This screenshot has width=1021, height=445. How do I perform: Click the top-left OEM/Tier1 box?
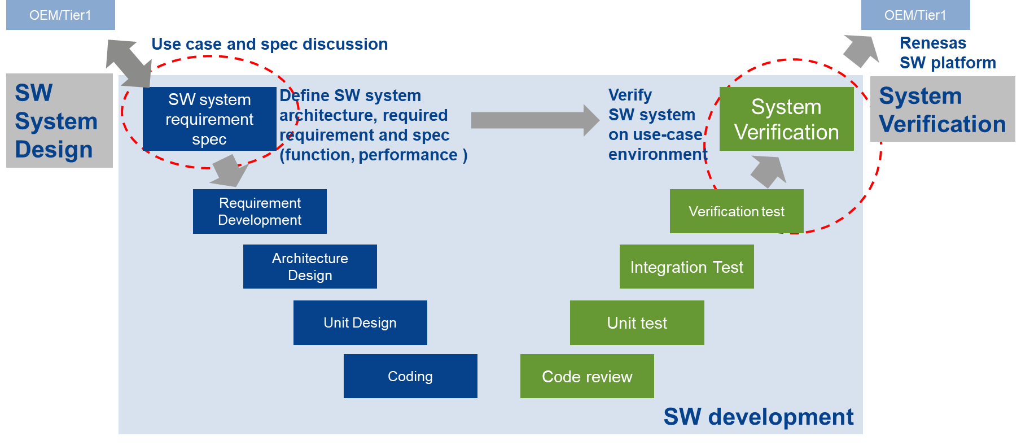click(x=60, y=15)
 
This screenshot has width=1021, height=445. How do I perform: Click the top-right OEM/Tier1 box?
click(x=915, y=15)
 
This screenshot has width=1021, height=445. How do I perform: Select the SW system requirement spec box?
click(x=209, y=119)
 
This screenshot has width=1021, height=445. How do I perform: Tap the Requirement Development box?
click(x=260, y=211)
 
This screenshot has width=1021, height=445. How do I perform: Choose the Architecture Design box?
click(x=310, y=267)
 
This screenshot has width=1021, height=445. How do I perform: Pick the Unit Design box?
click(x=360, y=322)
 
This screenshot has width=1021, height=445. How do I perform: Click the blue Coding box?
click(x=410, y=376)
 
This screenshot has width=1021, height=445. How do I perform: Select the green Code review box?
click(x=587, y=376)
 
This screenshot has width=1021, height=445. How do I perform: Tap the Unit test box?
click(x=637, y=322)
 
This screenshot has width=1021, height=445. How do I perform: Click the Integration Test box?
click(x=686, y=267)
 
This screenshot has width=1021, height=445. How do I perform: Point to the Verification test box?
click(x=736, y=211)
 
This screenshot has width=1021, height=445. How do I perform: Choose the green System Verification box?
click(x=786, y=119)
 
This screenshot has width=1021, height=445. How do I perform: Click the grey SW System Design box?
click(x=59, y=121)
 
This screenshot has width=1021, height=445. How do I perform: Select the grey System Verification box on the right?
click(x=942, y=109)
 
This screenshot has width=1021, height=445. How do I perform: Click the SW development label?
click(x=758, y=417)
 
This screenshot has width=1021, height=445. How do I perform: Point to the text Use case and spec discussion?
click(x=269, y=44)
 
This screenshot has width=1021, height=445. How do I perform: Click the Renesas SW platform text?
click(x=947, y=53)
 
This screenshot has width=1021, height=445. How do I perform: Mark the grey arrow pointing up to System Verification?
click(x=769, y=171)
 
